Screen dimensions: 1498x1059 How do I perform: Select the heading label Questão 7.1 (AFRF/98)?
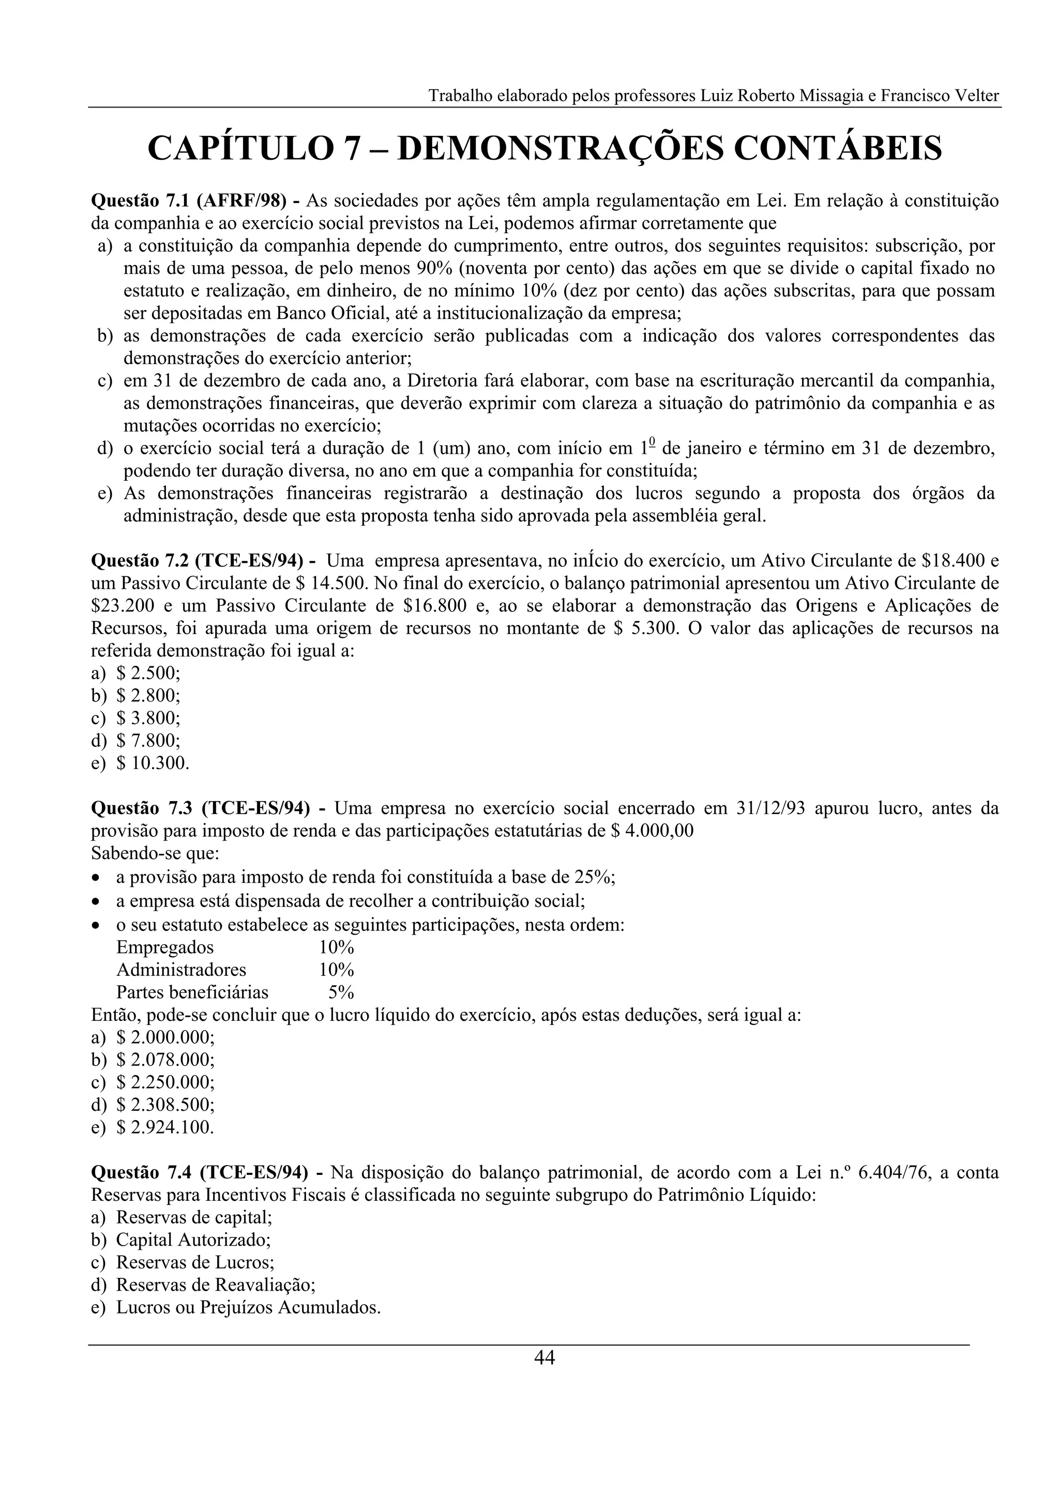click(195, 200)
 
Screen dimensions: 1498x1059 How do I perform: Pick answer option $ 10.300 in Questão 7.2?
click(153, 763)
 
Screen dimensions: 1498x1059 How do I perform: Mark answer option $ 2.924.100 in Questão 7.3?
click(165, 1127)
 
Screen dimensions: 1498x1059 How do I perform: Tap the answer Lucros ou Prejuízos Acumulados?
click(248, 1307)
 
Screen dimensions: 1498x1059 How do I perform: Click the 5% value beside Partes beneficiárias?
click(341, 992)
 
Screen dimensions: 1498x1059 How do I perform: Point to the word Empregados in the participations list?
click(164, 947)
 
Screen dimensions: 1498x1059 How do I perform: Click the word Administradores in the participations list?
click(181, 970)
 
